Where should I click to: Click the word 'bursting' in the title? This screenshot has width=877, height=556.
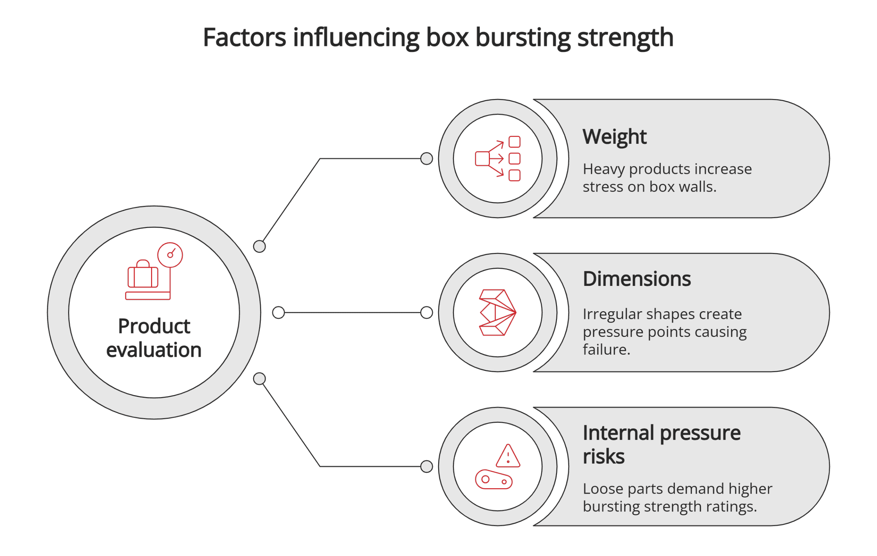pos(523,38)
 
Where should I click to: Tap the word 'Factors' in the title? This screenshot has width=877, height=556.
pos(244,38)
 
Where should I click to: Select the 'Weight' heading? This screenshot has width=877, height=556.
pos(614,137)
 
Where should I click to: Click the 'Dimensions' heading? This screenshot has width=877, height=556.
pos(637,279)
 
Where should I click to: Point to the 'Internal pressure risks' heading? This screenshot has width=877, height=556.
pos(661,444)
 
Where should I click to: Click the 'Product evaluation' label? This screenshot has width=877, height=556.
pos(154,338)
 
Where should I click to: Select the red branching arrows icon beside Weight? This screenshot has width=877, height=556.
pos(497,159)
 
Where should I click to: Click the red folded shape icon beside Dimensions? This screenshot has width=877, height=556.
pos(497,313)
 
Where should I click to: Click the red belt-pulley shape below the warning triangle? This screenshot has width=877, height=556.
pos(494,480)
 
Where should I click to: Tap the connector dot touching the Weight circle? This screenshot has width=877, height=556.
pos(427,159)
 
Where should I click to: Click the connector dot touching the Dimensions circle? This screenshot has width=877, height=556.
pos(427,313)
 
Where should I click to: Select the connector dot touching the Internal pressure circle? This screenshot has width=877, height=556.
pos(427,467)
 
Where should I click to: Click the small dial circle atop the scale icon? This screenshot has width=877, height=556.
pos(170,255)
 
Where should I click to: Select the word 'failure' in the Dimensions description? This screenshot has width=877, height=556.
pos(605,350)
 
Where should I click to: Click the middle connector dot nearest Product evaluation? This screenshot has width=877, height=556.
pos(279,313)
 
